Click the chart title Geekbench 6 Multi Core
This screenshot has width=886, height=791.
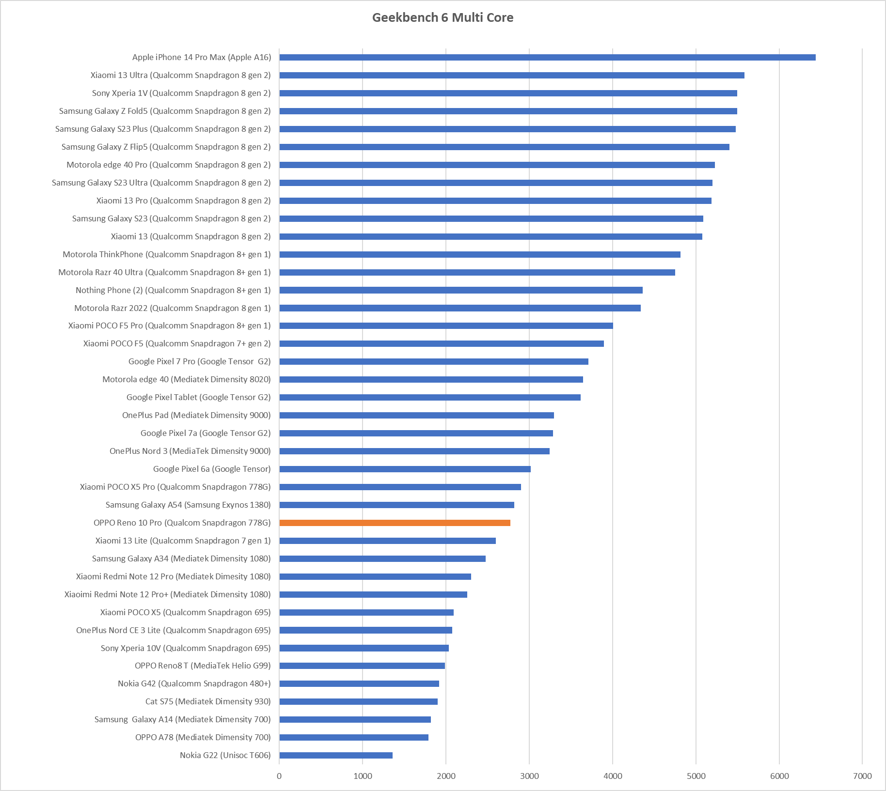443,18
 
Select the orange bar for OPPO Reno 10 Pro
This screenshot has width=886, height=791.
395,523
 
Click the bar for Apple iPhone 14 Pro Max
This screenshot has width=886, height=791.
547,57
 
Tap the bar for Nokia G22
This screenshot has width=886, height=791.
336,755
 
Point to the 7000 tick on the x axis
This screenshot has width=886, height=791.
862,776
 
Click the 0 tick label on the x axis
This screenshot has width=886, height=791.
279,776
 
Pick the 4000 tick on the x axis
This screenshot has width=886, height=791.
613,776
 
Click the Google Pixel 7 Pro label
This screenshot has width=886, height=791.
199,361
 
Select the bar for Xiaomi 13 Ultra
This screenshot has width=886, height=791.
512,75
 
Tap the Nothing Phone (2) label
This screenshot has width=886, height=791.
173,290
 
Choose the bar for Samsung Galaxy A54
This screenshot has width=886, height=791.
396,505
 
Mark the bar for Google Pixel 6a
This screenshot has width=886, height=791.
405,469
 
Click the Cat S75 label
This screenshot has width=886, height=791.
208,701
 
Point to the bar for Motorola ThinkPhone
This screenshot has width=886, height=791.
480,254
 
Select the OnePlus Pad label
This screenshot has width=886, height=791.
196,415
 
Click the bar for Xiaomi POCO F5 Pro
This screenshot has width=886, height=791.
446,326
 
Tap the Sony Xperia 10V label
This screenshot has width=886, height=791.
186,648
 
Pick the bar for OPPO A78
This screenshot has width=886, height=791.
354,737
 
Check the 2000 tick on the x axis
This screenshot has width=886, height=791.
446,776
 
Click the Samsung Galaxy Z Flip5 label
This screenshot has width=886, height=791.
166,147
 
